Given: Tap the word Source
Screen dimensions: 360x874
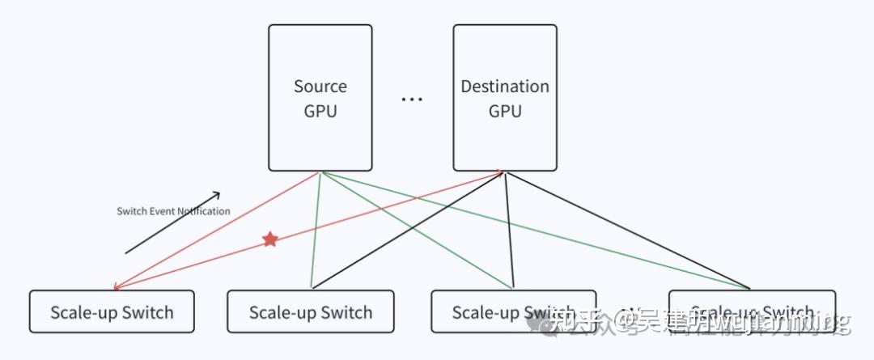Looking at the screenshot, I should click(320, 86).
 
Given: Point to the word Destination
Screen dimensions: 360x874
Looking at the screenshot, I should click(505, 86).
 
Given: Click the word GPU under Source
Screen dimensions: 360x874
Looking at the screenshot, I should click(320, 111).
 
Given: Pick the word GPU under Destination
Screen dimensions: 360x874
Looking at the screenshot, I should click(505, 111).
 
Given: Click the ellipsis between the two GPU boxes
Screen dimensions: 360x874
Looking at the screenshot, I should click(412, 100).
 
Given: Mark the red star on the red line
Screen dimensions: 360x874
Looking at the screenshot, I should click(270, 239).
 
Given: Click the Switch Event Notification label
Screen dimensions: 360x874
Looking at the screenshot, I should click(173, 211).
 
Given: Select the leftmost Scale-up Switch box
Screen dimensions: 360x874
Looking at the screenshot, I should click(112, 311).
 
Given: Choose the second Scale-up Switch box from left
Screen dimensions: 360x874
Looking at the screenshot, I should click(311, 311).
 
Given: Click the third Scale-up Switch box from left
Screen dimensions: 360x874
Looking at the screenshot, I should click(513, 311).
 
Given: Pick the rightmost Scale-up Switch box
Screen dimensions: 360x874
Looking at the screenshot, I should click(752, 311).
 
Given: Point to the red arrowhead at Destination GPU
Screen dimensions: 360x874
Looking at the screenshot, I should click(499, 172).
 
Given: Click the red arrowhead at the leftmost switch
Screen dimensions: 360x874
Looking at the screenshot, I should click(117, 286).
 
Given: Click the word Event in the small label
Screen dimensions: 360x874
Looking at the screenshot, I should click(162, 211).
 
